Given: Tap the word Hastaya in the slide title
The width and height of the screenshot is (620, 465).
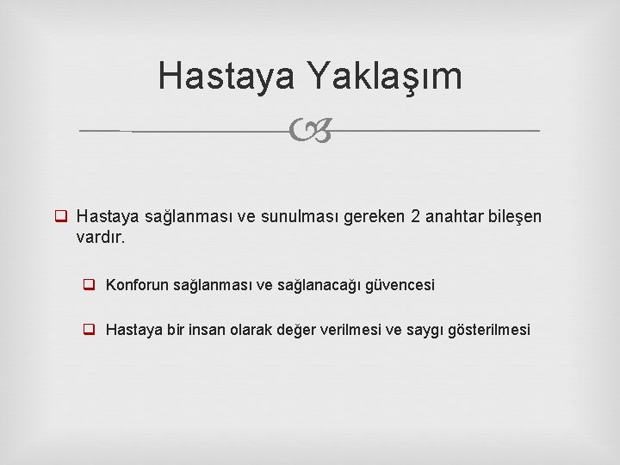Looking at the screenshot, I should (226, 77).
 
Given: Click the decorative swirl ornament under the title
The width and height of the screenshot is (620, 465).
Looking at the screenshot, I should (310, 132).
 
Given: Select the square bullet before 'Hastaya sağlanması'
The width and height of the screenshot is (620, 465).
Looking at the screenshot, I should (62, 216).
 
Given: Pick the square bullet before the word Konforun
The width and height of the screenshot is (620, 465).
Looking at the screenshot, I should (89, 284).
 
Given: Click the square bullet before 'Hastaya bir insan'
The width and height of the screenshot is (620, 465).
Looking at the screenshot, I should (89, 330).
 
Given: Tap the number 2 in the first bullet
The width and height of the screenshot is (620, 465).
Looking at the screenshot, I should (417, 216).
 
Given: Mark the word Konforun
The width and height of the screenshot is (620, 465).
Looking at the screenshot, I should (138, 284).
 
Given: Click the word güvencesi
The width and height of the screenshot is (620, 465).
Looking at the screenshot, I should (401, 284).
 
